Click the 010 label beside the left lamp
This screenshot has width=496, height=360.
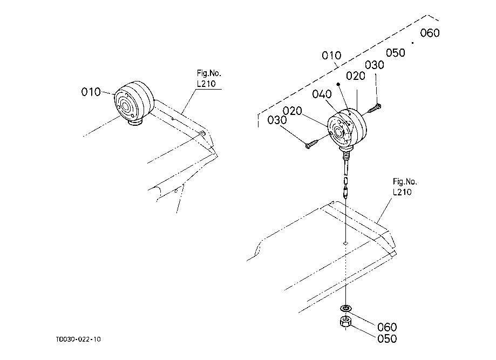(91, 92)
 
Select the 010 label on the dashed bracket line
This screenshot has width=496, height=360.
(331, 55)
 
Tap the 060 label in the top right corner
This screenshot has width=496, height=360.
(430, 33)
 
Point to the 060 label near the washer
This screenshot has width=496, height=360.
(386, 327)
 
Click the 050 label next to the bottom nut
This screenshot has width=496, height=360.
(386, 339)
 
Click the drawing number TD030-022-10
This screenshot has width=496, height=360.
(78, 339)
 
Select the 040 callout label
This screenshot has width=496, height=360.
(322, 94)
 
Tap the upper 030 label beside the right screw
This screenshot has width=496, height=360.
(374, 65)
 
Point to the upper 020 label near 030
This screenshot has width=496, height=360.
(356, 76)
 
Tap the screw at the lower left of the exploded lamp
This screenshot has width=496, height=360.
(312, 144)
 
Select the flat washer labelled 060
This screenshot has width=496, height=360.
(345, 308)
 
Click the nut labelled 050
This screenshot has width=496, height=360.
(345, 323)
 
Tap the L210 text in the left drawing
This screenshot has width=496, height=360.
(205, 83)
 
